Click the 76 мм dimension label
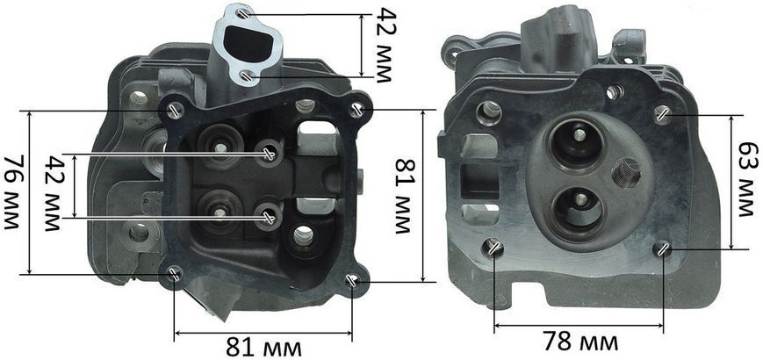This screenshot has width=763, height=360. pyautogui.click(x=12, y=192)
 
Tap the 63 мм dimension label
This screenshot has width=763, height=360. pyautogui.click(x=747, y=179)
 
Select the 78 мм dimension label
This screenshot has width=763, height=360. pyautogui.click(x=580, y=342)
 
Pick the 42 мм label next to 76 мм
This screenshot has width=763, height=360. pyautogui.click(x=54, y=193)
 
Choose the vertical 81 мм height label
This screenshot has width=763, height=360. pyautogui.click(x=406, y=197)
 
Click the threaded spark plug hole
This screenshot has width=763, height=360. pyautogui.click(x=627, y=173)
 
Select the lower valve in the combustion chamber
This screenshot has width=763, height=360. pyautogui.click(x=579, y=206)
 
